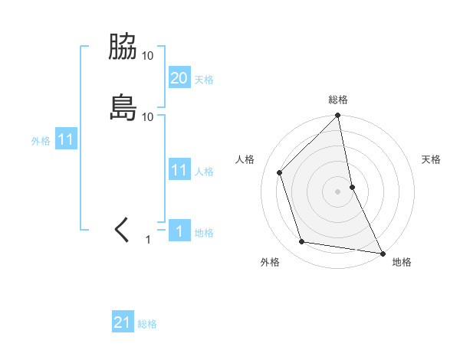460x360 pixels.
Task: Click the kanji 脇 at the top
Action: click(x=123, y=47)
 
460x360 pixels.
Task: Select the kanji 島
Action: click(x=123, y=107)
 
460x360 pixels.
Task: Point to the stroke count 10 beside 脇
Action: click(x=148, y=56)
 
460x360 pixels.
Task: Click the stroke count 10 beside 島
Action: click(x=148, y=116)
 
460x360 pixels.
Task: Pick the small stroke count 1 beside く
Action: click(x=149, y=240)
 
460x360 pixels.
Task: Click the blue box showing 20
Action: click(x=179, y=77)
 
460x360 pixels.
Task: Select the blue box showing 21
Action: click(x=123, y=322)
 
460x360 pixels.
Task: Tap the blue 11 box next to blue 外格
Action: click(x=66, y=140)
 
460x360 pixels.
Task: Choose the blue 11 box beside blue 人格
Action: click(x=179, y=170)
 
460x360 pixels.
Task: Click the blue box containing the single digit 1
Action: click(x=179, y=231)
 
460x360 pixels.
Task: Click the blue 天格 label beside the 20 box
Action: click(x=204, y=79)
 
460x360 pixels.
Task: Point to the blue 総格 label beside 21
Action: click(x=147, y=324)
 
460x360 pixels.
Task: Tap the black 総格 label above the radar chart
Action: click(x=338, y=100)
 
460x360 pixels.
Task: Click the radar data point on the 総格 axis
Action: click(x=338, y=116)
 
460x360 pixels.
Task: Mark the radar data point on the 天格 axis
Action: click(x=352, y=186)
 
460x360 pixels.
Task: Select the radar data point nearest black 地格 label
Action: click(x=382, y=252)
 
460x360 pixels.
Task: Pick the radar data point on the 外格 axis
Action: click(x=302, y=242)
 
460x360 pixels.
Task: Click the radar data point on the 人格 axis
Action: click(x=280, y=172)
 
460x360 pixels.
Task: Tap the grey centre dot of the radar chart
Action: click(x=338, y=191)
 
